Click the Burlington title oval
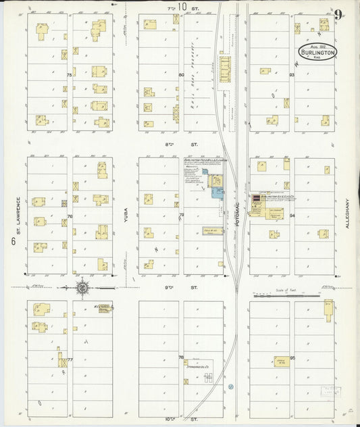(x=316, y=51)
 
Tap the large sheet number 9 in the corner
(x=338, y=14)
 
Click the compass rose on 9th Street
(x=82, y=288)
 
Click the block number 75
(x=69, y=74)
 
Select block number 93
(x=292, y=74)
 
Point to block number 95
(x=292, y=357)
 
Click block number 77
(x=69, y=359)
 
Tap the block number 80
(x=180, y=74)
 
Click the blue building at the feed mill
(x=217, y=193)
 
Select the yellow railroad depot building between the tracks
(x=225, y=68)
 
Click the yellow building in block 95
(x=280, y=362)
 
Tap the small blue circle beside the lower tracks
(x=230, y=386)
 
